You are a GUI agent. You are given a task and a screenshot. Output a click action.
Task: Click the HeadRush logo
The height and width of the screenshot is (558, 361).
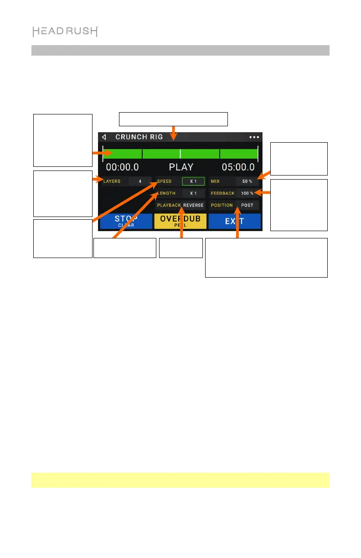pyautogui.click(x=65, y=31)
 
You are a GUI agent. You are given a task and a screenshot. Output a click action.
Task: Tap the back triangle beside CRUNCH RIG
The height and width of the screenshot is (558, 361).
pyautogui.click(x=104, y=137)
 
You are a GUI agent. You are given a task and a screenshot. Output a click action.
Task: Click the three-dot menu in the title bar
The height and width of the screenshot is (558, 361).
pyautogui.click(x=253, y=137)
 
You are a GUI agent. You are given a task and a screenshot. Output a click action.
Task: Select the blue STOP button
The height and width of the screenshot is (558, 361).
pyautogui.click(x=126, y=221)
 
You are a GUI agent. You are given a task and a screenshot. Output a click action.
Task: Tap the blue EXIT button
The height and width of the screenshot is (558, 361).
pyautogui.click(x=234, y=221)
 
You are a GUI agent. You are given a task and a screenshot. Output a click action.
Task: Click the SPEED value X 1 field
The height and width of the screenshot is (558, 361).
pyautogui.click(x=193, y=181)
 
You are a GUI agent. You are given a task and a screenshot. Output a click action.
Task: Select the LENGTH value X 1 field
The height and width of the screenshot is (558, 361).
pyautogui.click(x=193, y=193)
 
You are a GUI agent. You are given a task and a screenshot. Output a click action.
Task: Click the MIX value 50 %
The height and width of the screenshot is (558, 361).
pyautogui.click(x=247, y=181)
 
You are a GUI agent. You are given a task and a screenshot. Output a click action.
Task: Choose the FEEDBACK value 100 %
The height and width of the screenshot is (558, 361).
pyautogui.click(x=247, y=193)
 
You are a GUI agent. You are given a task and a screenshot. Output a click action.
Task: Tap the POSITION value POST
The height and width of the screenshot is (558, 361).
pyautogui.click(x=247, y=205)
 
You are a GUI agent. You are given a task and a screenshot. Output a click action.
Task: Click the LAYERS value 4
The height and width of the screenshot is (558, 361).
pyautogui.click(x=140, y=181)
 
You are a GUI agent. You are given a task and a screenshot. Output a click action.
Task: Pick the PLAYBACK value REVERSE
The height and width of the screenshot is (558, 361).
pyautogui.click(x=193, y=205)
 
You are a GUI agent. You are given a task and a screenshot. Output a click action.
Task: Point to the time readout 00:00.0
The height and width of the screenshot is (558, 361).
pyautogui.click(x=122, y=167)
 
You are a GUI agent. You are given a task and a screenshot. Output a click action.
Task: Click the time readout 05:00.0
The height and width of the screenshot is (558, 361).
pyautogui.click(x=238, y=167)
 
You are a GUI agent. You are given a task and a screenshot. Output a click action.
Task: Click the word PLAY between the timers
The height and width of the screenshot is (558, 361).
pyautogui.click(x=181, y=167)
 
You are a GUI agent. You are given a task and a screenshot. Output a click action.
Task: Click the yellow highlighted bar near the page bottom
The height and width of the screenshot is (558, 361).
pyautogui.click(x=180, y=480)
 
